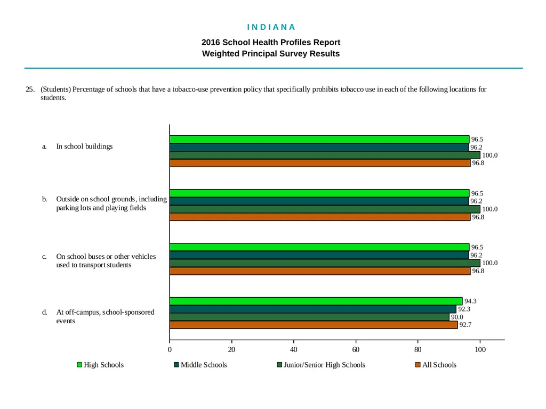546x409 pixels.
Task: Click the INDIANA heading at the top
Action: point(271,27)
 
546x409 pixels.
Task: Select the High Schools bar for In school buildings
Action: point(319,140)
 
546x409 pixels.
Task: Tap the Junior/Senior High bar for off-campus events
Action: point(309,317)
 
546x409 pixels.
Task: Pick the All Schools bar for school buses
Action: point(320,271)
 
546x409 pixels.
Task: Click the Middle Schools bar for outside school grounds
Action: point(319,201)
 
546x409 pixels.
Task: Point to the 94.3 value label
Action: point(470,301)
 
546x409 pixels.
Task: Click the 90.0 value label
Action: point(457,317)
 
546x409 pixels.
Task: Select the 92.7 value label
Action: point(465,325)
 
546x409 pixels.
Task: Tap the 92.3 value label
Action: point(464,309)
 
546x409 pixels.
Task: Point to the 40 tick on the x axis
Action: point(294,349)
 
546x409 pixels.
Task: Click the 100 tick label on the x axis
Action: point(480,349)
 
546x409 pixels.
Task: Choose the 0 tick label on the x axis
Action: point(170,349)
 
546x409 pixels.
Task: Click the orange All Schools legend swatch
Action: point(418,365)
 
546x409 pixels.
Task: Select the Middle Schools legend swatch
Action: point(176,365)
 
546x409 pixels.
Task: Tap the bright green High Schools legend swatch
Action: point(79,365)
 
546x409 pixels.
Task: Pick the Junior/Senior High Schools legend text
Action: point(325,365)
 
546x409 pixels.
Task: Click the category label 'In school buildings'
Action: point(85,146)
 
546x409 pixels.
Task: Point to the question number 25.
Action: point(30,89)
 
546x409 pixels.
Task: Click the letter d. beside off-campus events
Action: point(45,312)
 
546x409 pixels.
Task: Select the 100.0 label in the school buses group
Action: point(489,263)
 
